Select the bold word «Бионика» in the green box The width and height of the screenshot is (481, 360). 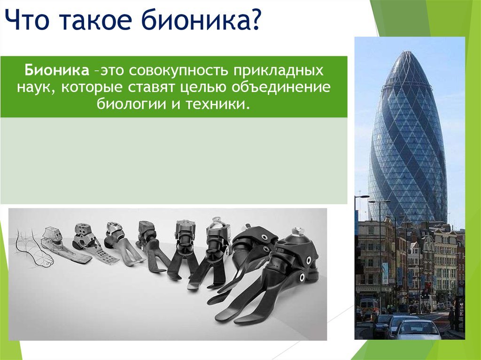tap(57, 70)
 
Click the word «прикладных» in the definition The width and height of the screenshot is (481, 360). tap(278, 71)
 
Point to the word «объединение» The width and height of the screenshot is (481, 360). tap(281, 88)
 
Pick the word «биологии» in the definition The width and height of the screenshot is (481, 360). tap(132, 104)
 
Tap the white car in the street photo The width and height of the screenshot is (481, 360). tap(417, 329)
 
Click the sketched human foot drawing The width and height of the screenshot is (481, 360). tap(34, 249)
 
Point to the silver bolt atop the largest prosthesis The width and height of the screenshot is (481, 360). tap(296, 231)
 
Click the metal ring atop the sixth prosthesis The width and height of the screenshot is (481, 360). tap(217, 220)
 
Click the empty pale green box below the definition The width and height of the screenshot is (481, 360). tap(174, 161)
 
